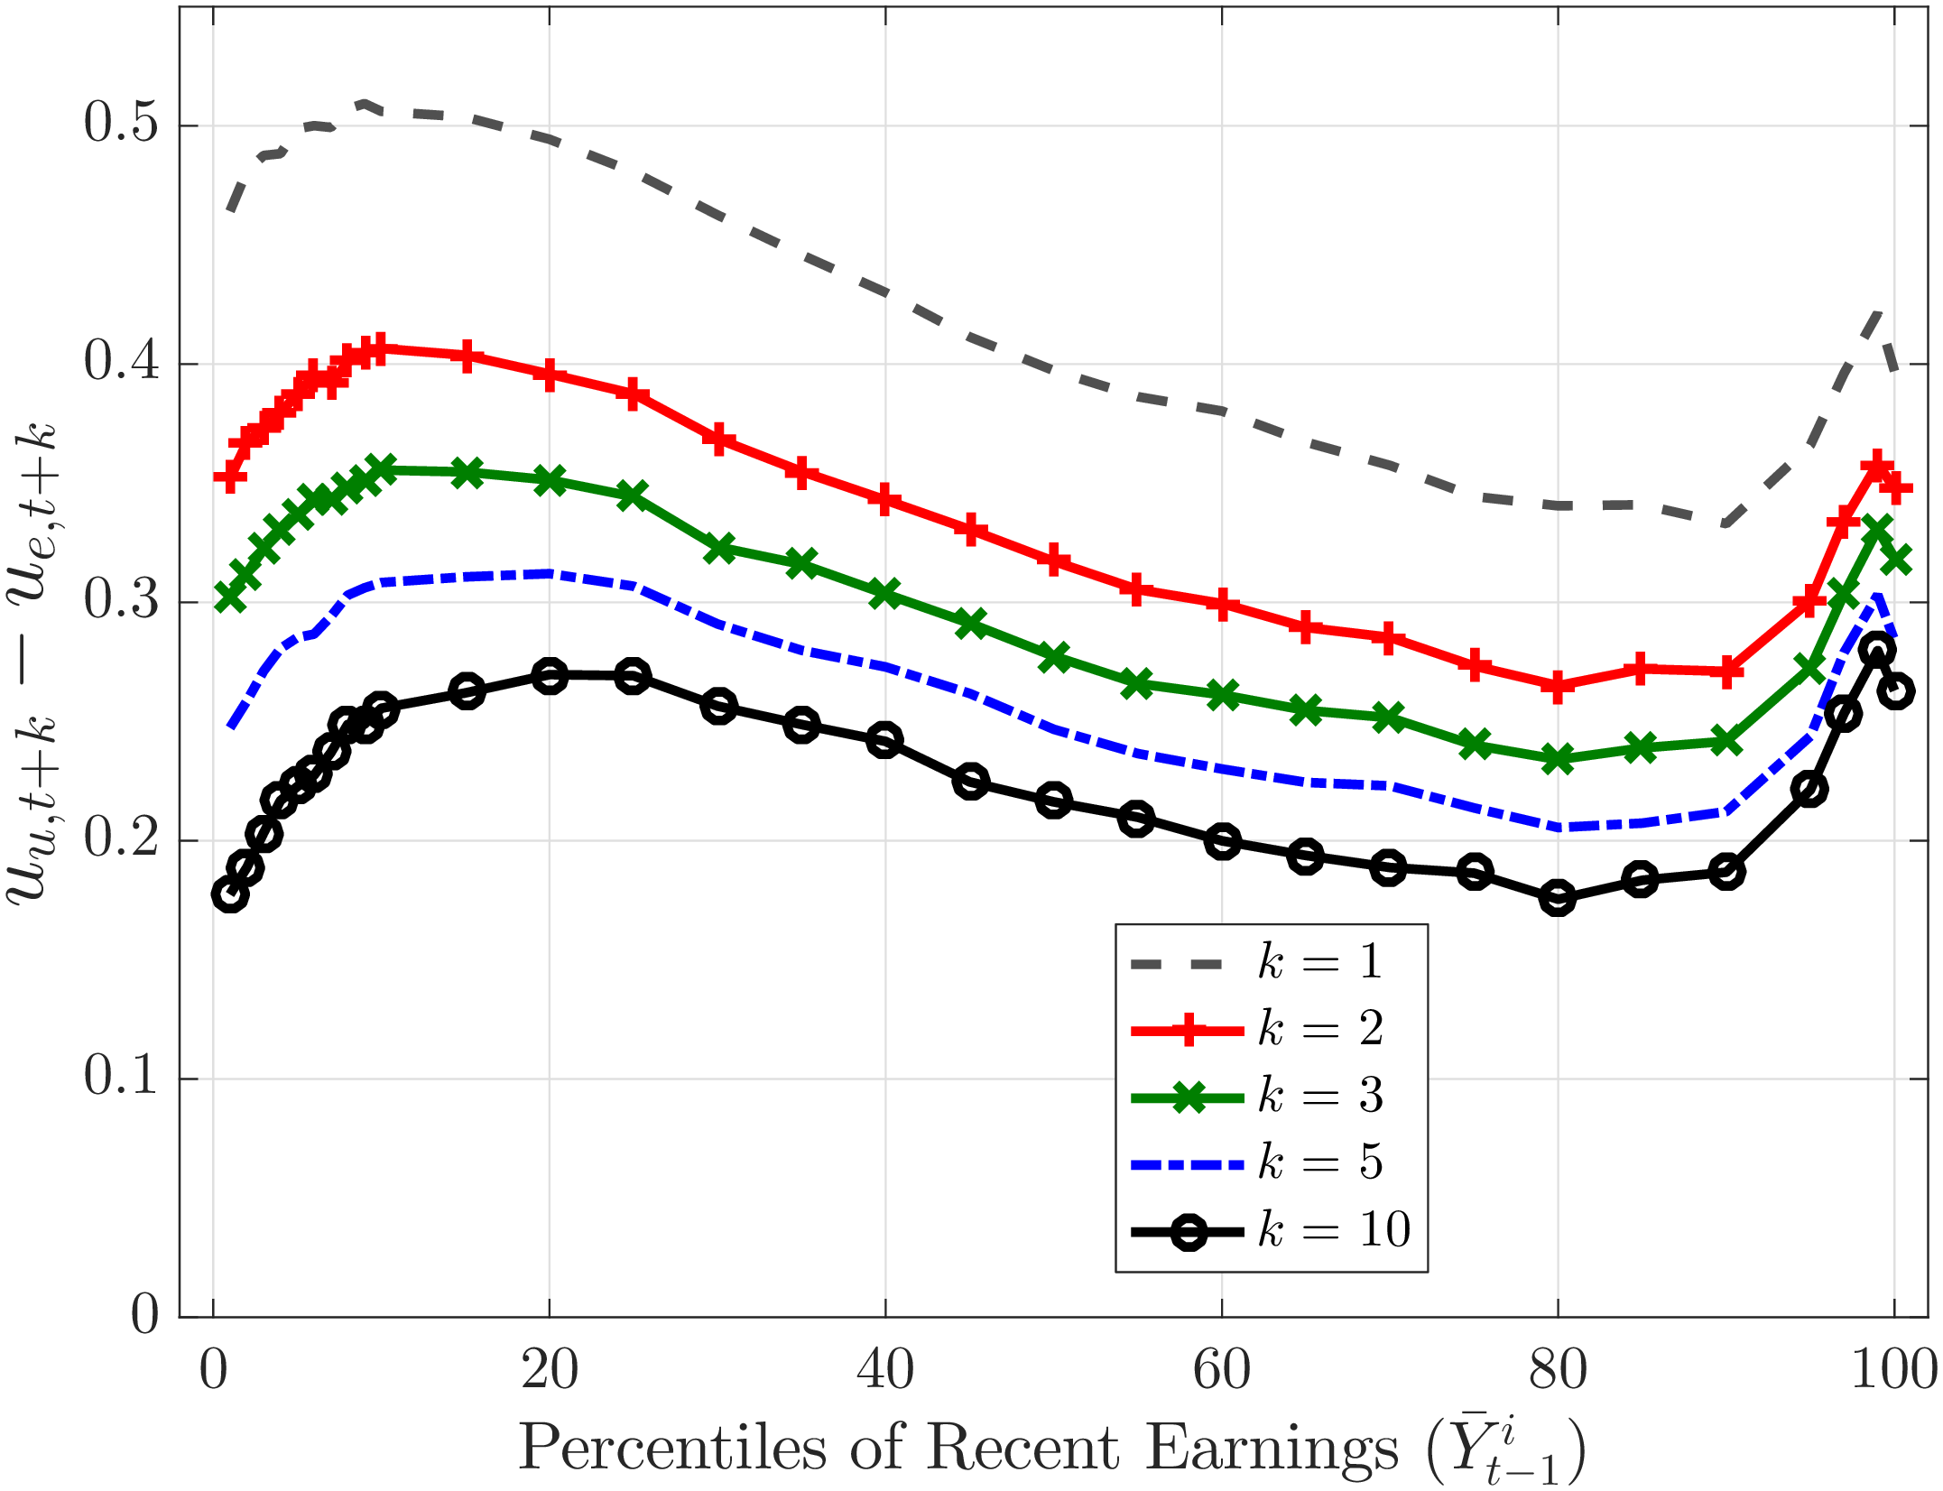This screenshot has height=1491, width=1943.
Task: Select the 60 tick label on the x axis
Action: (x=1221, y=1370)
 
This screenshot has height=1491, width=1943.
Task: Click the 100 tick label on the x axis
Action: (x=1893, y=1370)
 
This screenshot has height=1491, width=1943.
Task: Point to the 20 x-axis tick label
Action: (x=549, y=1370)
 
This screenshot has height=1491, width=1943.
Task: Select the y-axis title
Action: (x=32, y=663)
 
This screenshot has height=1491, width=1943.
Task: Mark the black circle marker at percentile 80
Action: (x=1558, y=898)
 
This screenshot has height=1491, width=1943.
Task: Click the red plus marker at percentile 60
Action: (x=1222, y=604)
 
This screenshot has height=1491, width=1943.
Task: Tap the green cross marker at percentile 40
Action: (x=884, y=593)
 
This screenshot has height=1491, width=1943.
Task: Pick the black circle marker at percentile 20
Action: (x=550, y=676)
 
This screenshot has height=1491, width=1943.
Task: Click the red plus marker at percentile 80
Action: (x=1558, y=686)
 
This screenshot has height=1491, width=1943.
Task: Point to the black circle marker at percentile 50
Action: (x=1053, y=801)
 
